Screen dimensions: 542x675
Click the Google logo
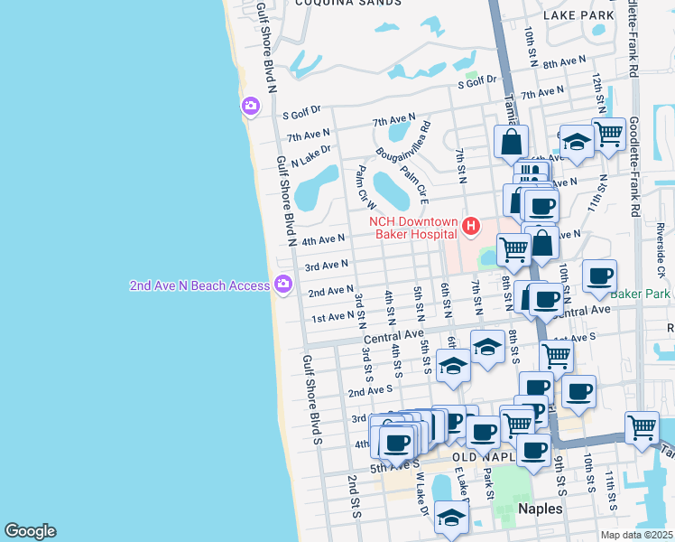30,531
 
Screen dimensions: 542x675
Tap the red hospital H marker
469,225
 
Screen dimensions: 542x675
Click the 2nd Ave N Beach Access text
199,285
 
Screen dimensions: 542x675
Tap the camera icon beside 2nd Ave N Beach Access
283,285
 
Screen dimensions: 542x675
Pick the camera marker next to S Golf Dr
250,107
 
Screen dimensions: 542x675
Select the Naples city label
541,509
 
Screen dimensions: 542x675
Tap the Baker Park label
640,294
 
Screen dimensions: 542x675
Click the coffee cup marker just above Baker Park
600,276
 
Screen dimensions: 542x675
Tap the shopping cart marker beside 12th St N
609,134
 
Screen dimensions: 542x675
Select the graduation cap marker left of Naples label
451,517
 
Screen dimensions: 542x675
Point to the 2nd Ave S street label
370,390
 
